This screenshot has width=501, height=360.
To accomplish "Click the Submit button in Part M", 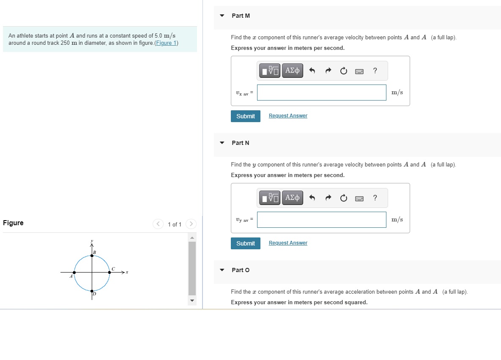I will [246, 116].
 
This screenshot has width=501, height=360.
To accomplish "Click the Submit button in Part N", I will [246, 243].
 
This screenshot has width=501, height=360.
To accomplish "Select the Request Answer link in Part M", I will [288, 116].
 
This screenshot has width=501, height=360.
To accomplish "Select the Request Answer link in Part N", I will [288, 243].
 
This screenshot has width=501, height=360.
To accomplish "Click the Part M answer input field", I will [321, 93].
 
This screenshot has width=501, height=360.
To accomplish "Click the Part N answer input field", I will [321, 220].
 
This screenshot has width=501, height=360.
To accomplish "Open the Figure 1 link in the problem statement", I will [166, 43].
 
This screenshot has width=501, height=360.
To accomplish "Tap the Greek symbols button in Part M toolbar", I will [292, 71].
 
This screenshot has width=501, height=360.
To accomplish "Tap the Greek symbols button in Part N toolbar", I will [292, 198].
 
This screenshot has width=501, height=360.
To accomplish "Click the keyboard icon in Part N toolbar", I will [359, 198].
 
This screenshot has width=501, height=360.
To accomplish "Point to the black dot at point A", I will [74, 273].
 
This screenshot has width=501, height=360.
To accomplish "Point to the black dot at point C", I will [110, 273].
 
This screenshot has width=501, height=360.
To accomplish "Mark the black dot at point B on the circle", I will [92, 255].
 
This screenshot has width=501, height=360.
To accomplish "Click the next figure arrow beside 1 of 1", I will [191, 224].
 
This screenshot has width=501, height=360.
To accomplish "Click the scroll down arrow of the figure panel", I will [192, 301].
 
